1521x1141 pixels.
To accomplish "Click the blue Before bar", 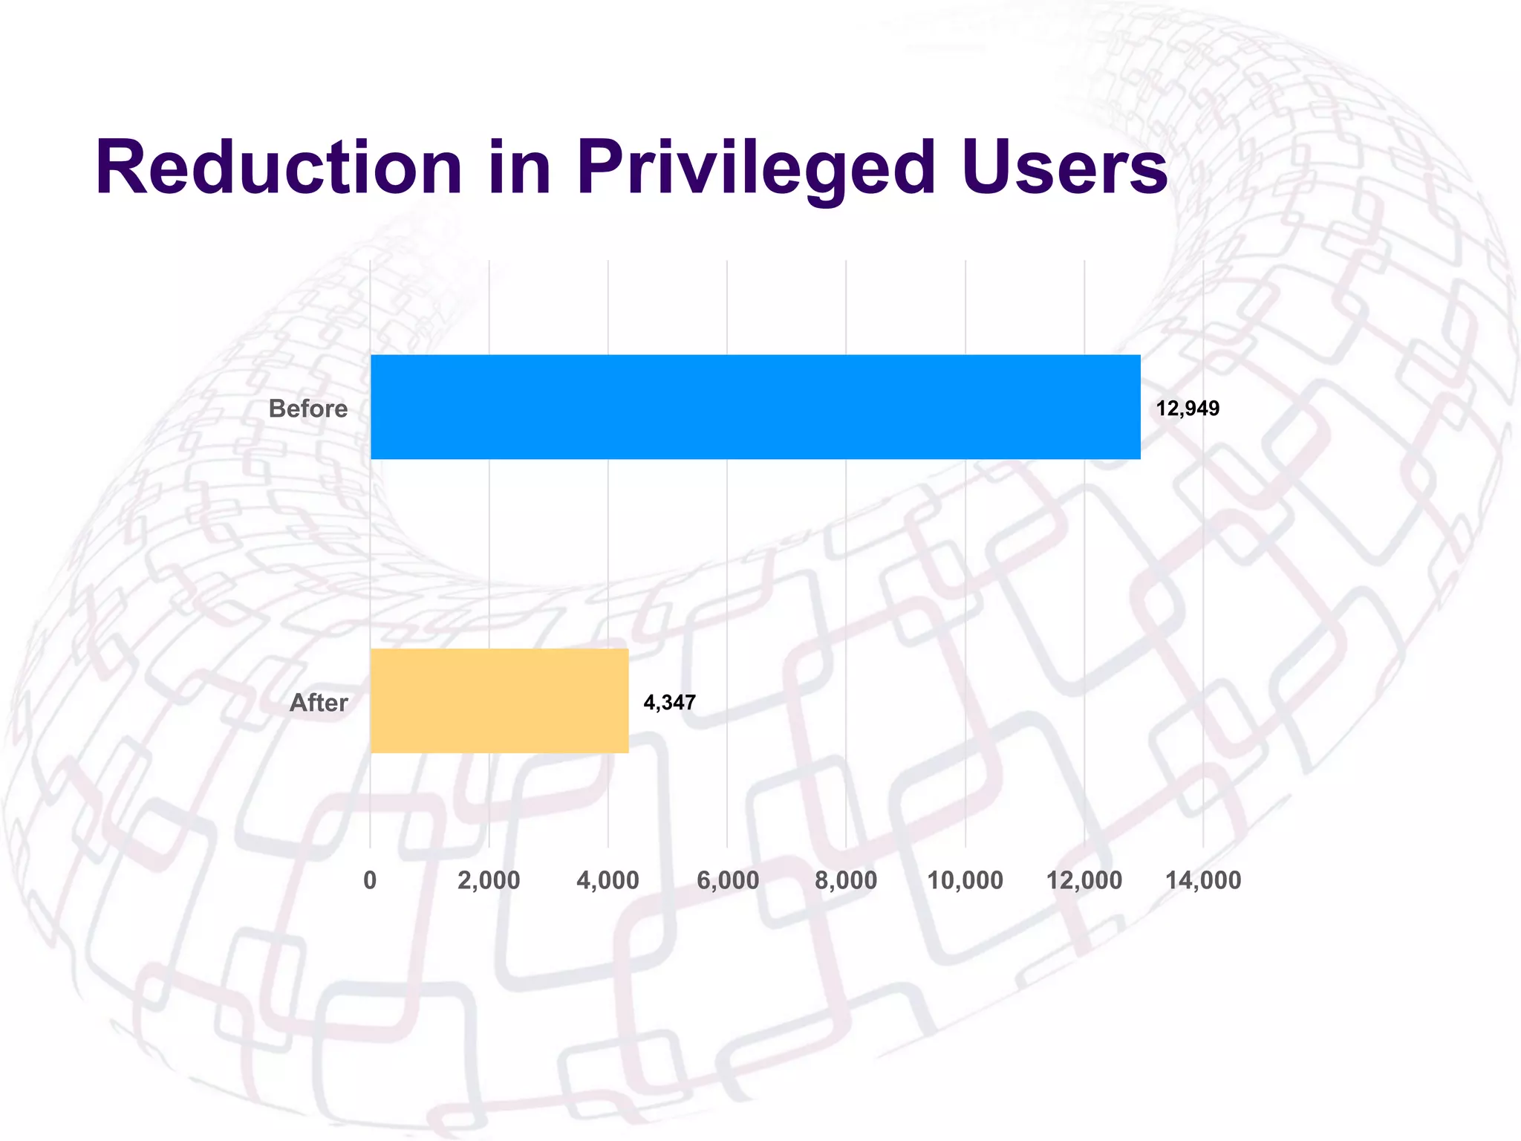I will tap(755, 407).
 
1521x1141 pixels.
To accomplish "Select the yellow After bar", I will tap(499, 700).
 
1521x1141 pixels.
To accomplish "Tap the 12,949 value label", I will tap(1187, 409).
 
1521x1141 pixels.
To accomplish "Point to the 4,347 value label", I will tap(669, 703).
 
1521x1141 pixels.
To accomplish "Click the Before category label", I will tap(307, 409).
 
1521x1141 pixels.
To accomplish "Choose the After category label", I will tap(318, 703).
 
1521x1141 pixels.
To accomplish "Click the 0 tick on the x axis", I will tap(370, 880).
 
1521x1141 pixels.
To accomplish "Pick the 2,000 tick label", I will tap(489, 880).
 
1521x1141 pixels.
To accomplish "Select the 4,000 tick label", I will tap(608, 880).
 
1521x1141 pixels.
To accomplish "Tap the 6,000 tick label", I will tap(727, 880).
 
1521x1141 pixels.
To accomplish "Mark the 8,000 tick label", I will tap(846, 880).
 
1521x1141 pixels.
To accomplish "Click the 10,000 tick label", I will tap(965, 880).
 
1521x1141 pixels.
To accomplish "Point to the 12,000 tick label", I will tap(1084, 880).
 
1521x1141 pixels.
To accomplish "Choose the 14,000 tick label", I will tap(1203, 880).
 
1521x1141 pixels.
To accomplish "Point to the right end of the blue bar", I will tap(1138, 407).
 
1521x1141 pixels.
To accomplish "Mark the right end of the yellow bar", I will tap(626, 700).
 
